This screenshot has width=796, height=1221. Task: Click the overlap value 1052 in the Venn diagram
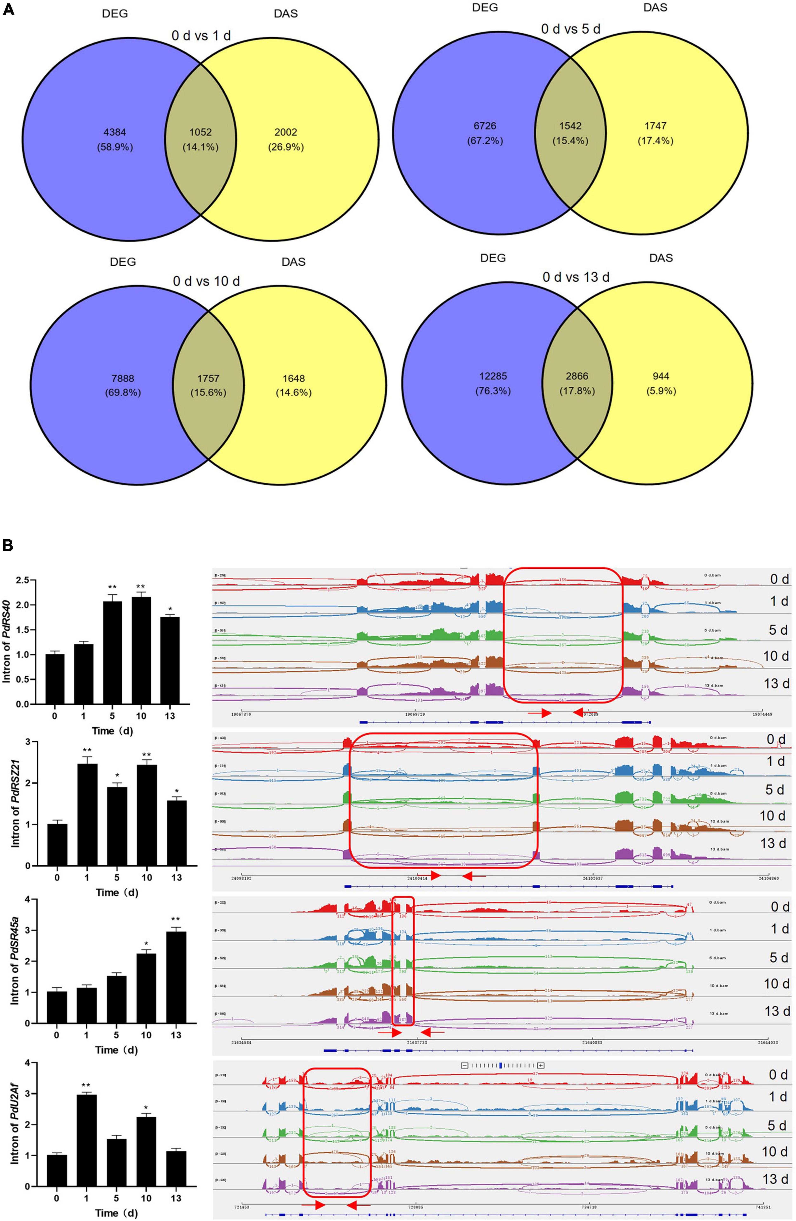click(x=200, y=132)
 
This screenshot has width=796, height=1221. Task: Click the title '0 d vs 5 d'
click(x=570, y=29)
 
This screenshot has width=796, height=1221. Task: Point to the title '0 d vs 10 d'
click(x=206, y=281)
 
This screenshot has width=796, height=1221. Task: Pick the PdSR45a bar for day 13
click(x=176, y=977)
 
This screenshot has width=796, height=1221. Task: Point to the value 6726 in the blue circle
click(x=485, y=126)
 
